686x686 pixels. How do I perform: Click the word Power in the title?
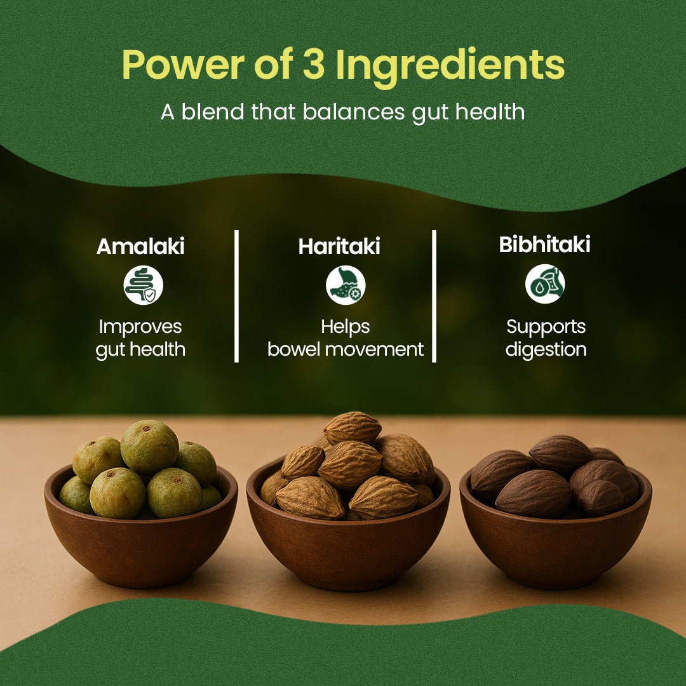pos(183,65)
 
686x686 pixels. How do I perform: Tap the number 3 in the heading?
pos(314,65)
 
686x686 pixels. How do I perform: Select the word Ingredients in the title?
pos(450,66)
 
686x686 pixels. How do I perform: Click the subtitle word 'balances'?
pos(353,112)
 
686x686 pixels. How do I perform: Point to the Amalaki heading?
pos(140,247)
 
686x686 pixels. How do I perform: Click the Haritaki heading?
pos(339,247)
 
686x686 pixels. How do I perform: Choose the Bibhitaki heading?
pos(544,245)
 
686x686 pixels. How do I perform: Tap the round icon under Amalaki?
pos(143,285)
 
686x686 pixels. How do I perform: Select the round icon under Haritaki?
pos(346,285)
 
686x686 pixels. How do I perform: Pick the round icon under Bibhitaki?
pos(545,283)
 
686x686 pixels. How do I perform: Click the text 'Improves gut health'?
pos(140,338)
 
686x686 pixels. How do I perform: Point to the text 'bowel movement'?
pos(346,349)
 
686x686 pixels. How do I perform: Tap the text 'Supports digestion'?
pos(546,338)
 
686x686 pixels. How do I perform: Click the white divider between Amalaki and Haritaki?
pos(236,296)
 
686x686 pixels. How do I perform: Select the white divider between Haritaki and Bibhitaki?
pos(434,296)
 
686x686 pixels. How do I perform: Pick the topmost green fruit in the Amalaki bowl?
pos(149,447)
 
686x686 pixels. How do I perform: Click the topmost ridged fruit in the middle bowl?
pos(352,427)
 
